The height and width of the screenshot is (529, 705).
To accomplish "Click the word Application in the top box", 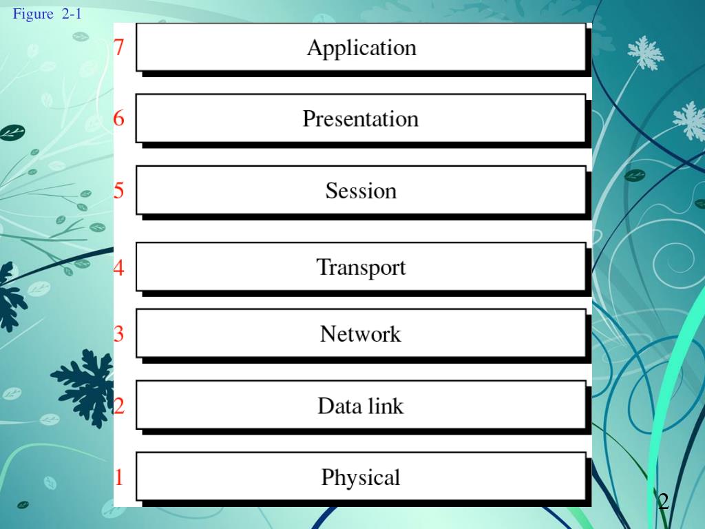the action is (x=361, y=48).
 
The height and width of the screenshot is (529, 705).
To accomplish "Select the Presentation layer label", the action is (x=361, y=119).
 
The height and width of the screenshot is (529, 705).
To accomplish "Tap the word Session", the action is (x=361, y=191).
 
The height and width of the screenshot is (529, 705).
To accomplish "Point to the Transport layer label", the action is (x=361, y=267).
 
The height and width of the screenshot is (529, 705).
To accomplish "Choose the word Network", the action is (x=360, y=334).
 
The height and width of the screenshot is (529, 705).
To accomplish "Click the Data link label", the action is (x=360, y=406).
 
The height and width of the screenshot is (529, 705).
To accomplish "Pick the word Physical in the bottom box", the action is (x=360, y=477).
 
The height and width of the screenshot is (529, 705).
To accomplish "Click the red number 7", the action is (x=119, y=48).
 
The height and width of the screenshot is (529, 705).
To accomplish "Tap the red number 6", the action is (x=119, y=118).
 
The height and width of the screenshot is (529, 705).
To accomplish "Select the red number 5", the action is (x=119, y=190).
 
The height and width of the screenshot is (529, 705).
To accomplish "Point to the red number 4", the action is (x=119, y=267).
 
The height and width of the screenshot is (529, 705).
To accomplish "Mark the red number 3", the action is (x=119, y=334).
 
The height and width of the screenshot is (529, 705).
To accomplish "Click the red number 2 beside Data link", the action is (x=119, y=406).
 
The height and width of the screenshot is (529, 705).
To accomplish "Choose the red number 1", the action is (x=119, y=477).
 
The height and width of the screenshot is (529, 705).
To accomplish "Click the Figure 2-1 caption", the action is (x=47, y=14).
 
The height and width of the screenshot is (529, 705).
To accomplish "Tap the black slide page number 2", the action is (x=663, y=501).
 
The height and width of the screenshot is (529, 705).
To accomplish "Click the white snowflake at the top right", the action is (x=645, y=52).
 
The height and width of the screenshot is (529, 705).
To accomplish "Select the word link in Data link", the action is (x=385, y=406).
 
